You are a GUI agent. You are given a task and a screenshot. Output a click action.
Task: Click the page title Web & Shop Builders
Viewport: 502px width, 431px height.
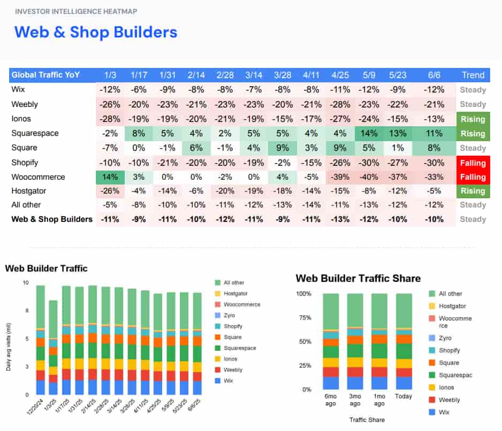point(96,32)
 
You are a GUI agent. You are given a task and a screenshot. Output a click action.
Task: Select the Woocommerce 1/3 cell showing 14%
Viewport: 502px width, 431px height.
point(110,177)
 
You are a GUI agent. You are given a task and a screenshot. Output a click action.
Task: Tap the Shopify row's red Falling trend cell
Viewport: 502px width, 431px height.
point(473,163)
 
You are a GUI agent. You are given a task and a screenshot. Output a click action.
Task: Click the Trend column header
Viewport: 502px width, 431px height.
point(473,75)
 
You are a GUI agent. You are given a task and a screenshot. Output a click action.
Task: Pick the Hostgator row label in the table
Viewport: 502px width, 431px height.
point(29,191)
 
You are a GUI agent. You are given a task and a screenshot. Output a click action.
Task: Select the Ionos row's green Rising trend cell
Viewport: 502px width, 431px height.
point(473,119)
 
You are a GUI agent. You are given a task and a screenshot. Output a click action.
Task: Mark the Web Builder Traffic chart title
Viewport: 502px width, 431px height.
point(46,268)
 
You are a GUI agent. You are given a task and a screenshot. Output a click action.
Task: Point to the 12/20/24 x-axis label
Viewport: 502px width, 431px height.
point(34,409)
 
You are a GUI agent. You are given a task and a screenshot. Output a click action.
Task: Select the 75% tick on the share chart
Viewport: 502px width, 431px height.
point(304,317)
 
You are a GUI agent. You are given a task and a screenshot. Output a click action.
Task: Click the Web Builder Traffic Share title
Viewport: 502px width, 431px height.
point(358,278)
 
